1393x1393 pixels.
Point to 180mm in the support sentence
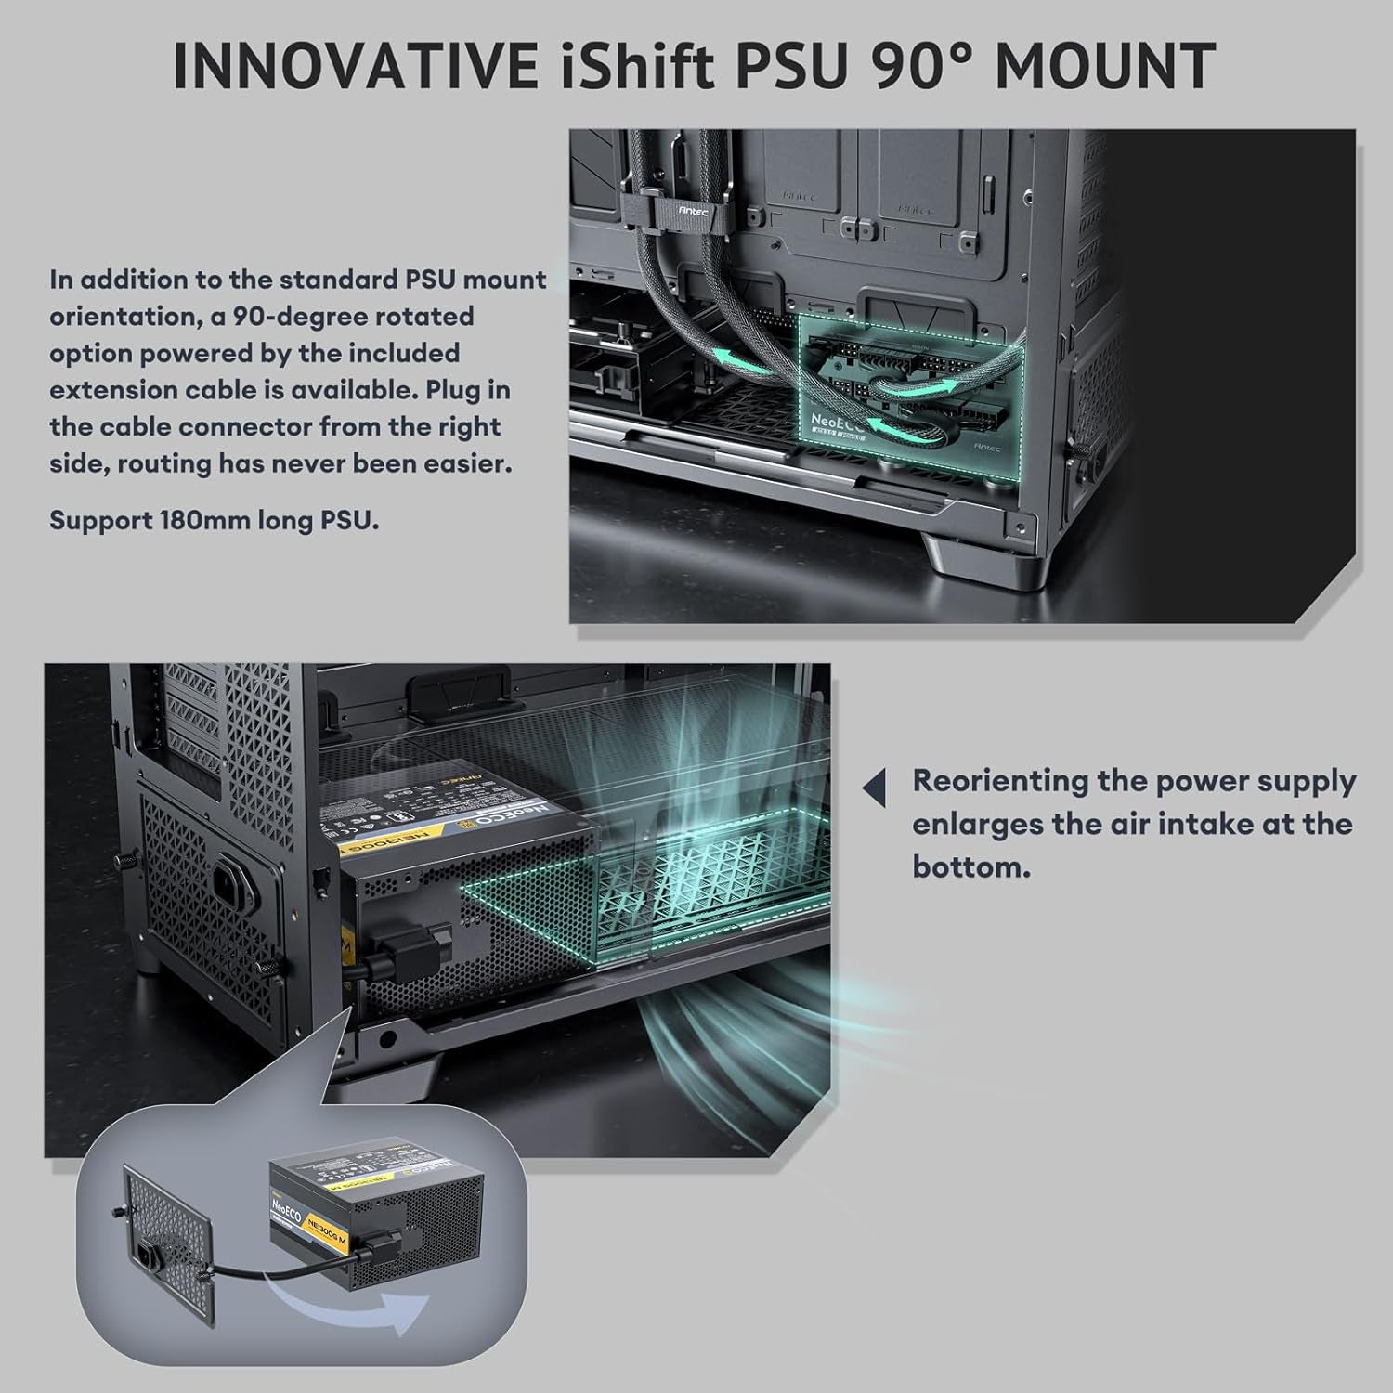point(202,520)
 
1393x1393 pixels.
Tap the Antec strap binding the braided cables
point(692,210)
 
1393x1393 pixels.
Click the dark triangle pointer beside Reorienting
point(875,788)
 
